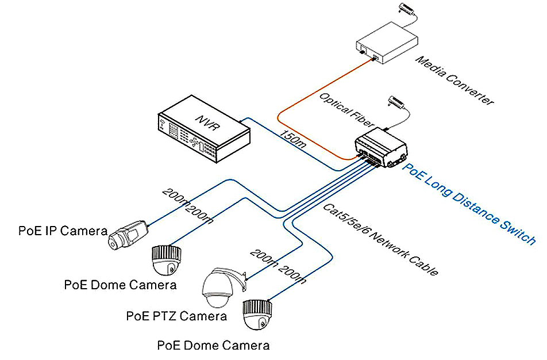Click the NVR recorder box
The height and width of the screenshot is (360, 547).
(x=204, y=136)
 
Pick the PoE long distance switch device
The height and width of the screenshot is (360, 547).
(x=382, y=149)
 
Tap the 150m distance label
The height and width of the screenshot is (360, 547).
(x=292, y=140)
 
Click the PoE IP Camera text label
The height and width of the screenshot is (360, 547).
(x=63, y=231)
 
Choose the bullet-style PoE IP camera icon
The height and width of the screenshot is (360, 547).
(x=129, y=234)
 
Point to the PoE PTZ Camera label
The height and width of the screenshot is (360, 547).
(x=176, y=316)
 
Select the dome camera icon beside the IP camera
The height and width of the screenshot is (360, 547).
(x=167, y=261)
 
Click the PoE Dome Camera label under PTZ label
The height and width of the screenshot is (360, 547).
(x=213, y=346)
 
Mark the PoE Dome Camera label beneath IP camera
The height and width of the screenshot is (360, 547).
(x=120, y=284)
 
